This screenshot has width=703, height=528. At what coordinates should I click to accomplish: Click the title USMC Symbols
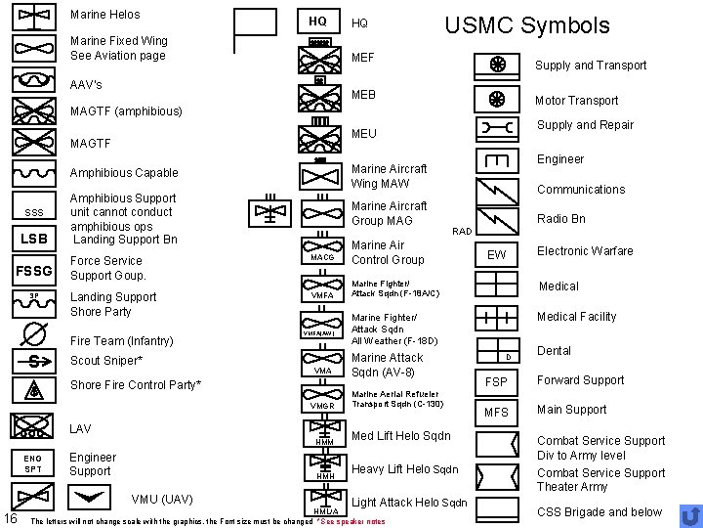pos(526,25)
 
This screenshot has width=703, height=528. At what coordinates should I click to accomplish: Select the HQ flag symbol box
pos(316,21)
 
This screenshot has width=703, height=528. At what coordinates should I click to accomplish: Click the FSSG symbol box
pos(33,270)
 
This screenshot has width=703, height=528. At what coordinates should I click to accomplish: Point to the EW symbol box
pos(496,254)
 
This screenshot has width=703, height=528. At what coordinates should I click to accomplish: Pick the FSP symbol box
pos(496,381)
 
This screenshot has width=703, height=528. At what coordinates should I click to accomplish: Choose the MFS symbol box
pos(496,413)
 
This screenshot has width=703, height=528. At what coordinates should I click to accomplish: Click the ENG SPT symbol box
pos(33,462)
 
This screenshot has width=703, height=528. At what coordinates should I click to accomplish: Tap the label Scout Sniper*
pos(105,361)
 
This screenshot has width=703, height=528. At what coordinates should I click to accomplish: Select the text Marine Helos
pos(105,15)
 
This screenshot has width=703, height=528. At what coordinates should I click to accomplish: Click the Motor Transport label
pos(576,100)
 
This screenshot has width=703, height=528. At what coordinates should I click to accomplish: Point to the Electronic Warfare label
pos(585,250)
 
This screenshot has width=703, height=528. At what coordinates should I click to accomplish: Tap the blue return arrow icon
pos(689,514)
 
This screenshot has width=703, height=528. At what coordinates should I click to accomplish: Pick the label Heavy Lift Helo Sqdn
pos(404,469)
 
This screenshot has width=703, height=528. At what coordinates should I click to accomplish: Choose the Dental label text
pos(555,350)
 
